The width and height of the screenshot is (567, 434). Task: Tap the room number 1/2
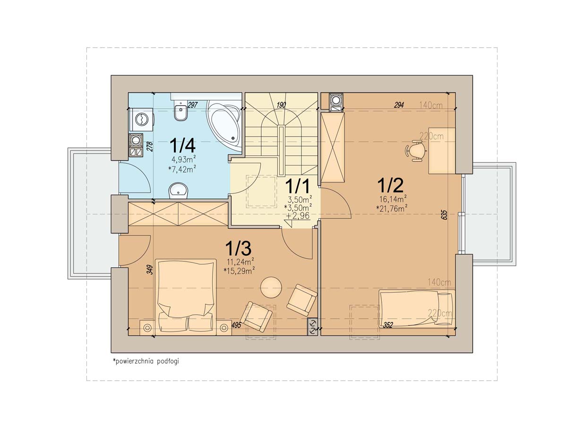click(x=390, y=185)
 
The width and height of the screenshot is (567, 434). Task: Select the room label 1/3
click(x=238, y=248)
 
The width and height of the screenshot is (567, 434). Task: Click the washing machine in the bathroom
click(x=142, y=120)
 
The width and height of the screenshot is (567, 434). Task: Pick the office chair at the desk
click(x=415, y=151)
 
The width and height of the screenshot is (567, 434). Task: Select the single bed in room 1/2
click(x=417, y=309)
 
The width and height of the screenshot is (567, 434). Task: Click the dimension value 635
click(x=445, y=215)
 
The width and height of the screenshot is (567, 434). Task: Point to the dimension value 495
click(x=236, y=325)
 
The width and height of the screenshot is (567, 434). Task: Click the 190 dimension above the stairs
click(x=281, y=105)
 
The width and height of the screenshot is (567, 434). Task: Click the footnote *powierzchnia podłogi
click(x=146, y=361)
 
